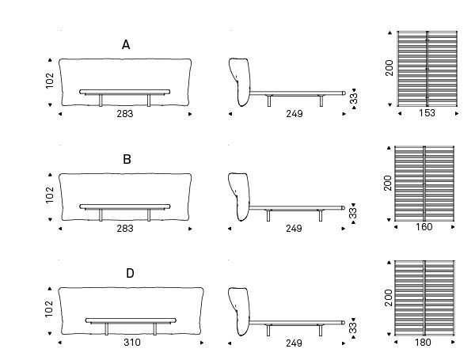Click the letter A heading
[126, 45]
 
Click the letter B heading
[127, 159]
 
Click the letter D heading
[130, 274]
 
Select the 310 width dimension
[132, 343]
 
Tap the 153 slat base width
[427, 113]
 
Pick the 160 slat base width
[424, 227]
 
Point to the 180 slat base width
[423, 342]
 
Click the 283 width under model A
[125, 114]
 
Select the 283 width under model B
[125, 229]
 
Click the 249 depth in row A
[294, 114]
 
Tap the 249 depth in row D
[294, 343]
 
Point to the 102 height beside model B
[50, 195]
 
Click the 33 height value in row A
[354, 98]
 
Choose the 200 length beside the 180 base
[388, 297]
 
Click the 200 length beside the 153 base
[389, 68]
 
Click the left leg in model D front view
[107, 329]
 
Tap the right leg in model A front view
[149, 100]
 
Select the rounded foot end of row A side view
[344, 93]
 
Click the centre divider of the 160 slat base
[424, 184]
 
